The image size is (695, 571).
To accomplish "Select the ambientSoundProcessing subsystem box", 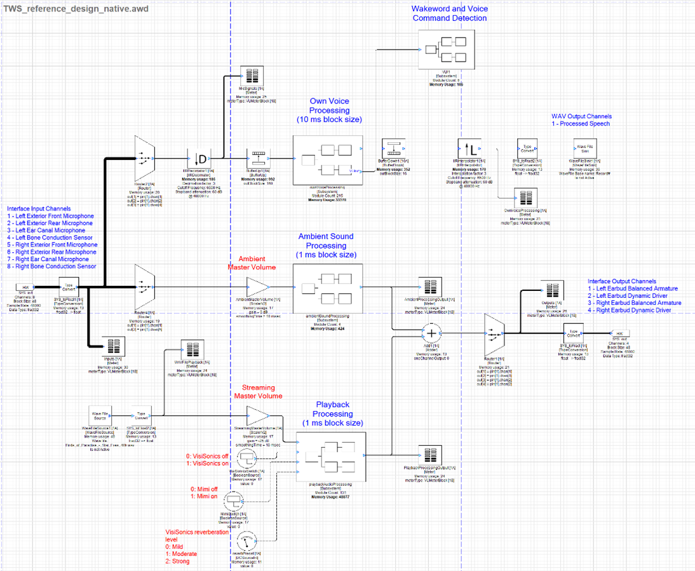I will (327, 286).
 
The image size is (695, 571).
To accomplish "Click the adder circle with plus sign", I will (431, 333).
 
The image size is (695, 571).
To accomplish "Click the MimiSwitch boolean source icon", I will (233, 501).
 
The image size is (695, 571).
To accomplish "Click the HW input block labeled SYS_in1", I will (25, 288).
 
